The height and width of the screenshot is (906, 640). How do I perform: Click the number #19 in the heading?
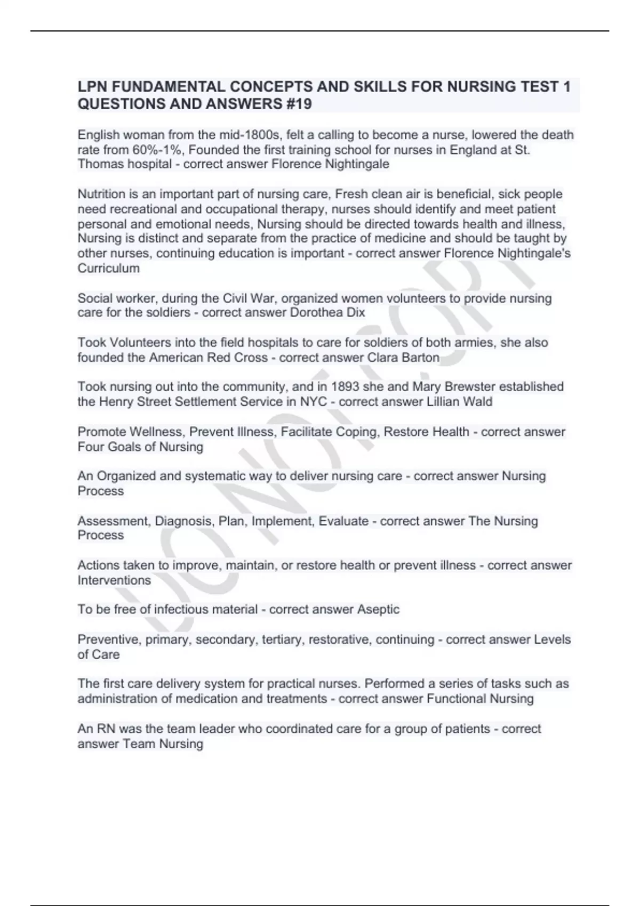pyautogui.click(x=297, y=104)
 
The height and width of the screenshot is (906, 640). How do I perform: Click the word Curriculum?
pyautogui.click(x=109, y=268)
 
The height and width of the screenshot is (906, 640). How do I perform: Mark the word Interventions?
pyautogui.click(x=114, y=580)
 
